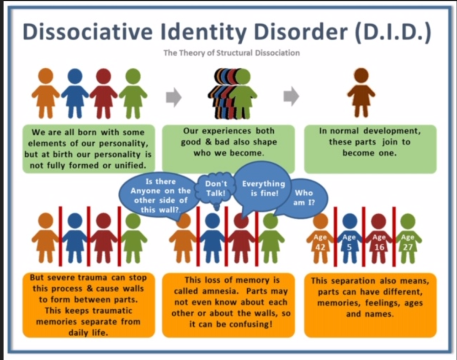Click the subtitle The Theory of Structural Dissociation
(x=231, y=53)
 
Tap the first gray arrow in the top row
(x=174, y=97)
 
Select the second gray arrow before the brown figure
(x=291, y=96)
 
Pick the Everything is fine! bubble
(x=263, y=187)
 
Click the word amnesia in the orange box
(x=220, y=291)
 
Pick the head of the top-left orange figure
(x=46, y=76)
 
